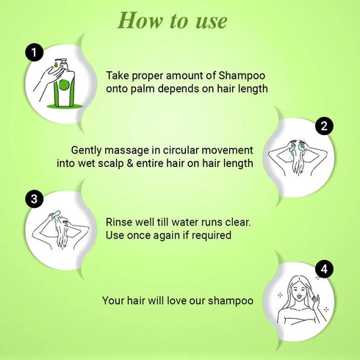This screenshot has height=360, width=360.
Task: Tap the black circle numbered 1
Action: [x=32, y=52]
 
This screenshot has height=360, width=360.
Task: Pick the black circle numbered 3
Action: [x=32, y=199]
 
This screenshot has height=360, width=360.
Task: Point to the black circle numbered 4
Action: [x=323, y=270]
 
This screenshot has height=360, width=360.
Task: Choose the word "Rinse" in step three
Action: [x=121, y=221]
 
